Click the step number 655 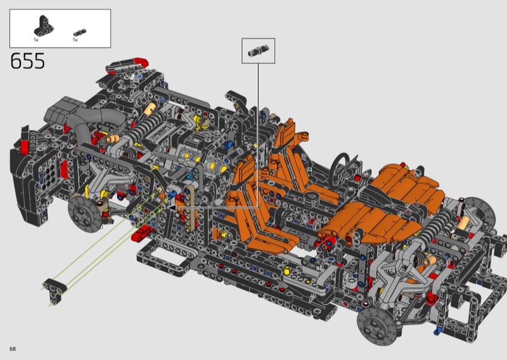(27, 61)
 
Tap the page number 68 (13, 349)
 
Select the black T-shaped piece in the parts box (44, 26)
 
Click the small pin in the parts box (80, 32)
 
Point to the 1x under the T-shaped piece (36, 40)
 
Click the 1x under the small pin (75, 40)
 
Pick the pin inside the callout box (258, 51)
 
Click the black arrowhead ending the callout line (172, 207)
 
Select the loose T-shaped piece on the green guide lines (55, 290)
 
